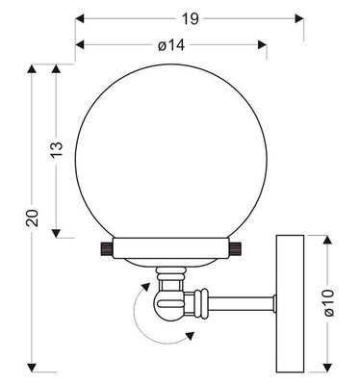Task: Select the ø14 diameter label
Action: point(170,44)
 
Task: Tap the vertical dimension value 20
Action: point(33,218)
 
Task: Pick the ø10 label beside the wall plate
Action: point(328,301)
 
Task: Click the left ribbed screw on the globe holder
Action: point(104,249)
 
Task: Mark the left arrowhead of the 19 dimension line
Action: point(79,18)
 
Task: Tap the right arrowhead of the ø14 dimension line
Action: point(263,44)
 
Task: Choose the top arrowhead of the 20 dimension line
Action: point(33,67)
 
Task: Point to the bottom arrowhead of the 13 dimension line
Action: point(58,233)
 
